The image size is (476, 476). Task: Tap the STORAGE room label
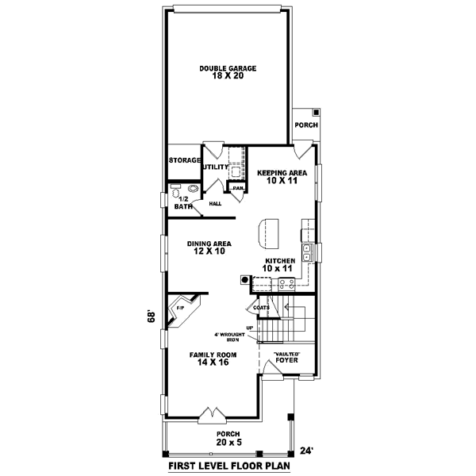pos(184,160)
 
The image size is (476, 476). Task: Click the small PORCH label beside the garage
pos(305,125)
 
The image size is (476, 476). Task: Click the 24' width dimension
pos(306,451)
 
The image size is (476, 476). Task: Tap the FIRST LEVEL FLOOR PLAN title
pos(226,466)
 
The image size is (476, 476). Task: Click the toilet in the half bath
pos(175,191)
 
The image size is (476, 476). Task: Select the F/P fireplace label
pos(179,306)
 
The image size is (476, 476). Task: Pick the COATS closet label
pos(263,307)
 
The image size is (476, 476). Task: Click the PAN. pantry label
pos(237,187)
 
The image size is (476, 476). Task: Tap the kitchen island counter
pos(267,232)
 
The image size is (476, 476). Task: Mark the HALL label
pos(214,204)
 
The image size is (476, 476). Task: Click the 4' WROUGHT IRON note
pos(234,336)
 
